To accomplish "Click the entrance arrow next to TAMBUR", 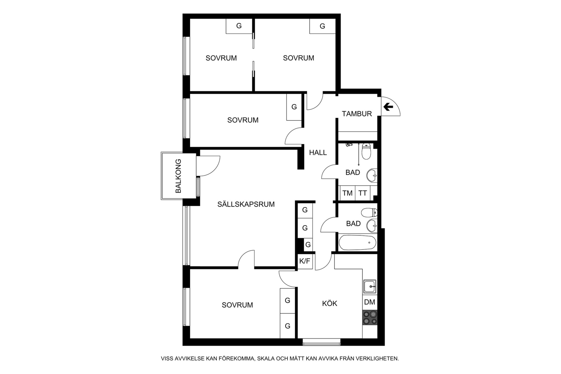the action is click(x=388, y=107).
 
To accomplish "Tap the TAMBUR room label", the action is click(x=357, y=114).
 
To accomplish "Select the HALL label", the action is click(x=318, y=153).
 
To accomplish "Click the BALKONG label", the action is click(x=178, y=176).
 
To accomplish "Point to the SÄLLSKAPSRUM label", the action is click(x=246, y=204).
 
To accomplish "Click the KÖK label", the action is click(x=330, y=303).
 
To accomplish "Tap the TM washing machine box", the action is click(x=347, y=193).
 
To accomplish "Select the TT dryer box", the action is click(x=363, y=193).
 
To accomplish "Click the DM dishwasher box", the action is click(x=370, y=302).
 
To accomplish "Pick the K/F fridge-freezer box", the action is click(x=305, y=261).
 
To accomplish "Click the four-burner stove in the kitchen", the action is click(x=370, y=318).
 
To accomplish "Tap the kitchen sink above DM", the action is click(x=370, y=286).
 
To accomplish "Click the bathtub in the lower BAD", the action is click(x=357, y=242).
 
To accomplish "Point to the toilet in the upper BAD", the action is click(x=366, y=151).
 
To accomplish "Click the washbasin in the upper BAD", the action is click(x=372, y=175).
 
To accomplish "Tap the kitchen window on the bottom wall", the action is click(x=322, y=342).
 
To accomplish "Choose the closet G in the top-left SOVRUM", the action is click(x=239, y=26).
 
